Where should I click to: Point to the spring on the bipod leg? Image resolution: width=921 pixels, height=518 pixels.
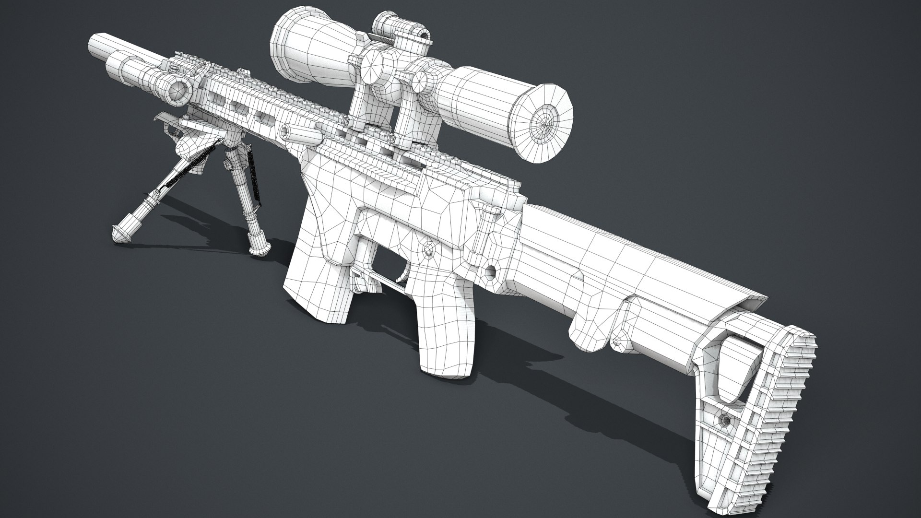click(x=192, y=163)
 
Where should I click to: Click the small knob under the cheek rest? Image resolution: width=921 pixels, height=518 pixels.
click(x=617, y=341)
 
